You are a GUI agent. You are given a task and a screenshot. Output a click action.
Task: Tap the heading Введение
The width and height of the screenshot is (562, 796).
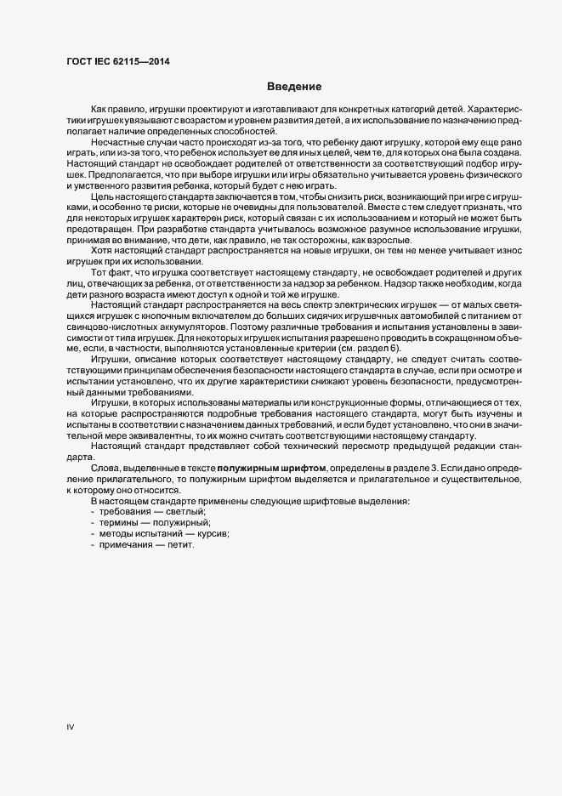pos(293,87)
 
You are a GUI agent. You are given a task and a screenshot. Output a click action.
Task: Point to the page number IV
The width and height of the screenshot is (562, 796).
pos(71,725)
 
